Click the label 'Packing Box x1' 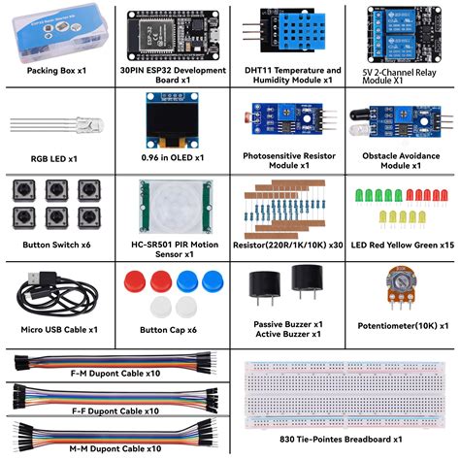click(56, 71)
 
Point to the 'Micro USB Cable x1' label click(57, 330)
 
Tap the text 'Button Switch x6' click(56, 246)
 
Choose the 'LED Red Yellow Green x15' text click(402, 246)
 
